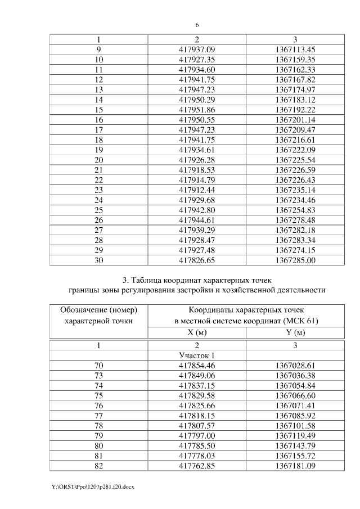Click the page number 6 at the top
click(197, 25)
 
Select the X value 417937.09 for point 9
click(197, 49)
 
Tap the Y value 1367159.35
click(295, 59)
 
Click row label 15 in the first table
click(99, 110)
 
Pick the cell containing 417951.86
click(197, 110)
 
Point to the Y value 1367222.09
click(295, 150)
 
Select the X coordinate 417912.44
click(197, 190)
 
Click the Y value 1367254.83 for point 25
click(295, 210)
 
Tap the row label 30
click(99, 261)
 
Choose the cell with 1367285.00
click(295, 261)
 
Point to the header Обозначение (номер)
click(99, 310)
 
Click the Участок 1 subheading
click(197, 355)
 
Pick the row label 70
click(99, 366)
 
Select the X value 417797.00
click(197, 436)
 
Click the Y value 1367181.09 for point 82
click(295, 467)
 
